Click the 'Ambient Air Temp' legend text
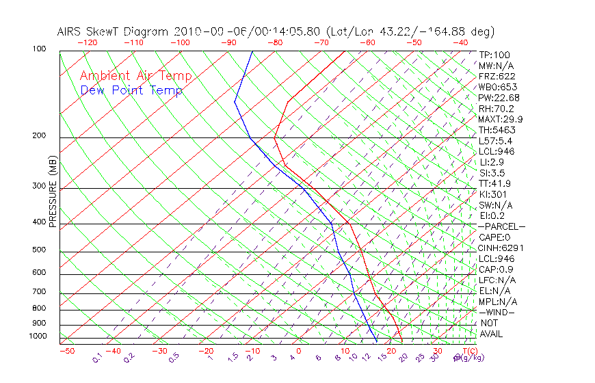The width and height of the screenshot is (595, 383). pos(135,77)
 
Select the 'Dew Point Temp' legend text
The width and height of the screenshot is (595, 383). pos(131,90)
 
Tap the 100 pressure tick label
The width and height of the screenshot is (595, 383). pos(39,49)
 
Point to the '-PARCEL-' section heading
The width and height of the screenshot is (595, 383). pos(501,226)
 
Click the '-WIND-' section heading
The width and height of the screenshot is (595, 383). pos(497,312)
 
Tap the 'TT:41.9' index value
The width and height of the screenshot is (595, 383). pos(495,183)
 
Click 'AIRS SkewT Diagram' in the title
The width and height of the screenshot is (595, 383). pos(114,31)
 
